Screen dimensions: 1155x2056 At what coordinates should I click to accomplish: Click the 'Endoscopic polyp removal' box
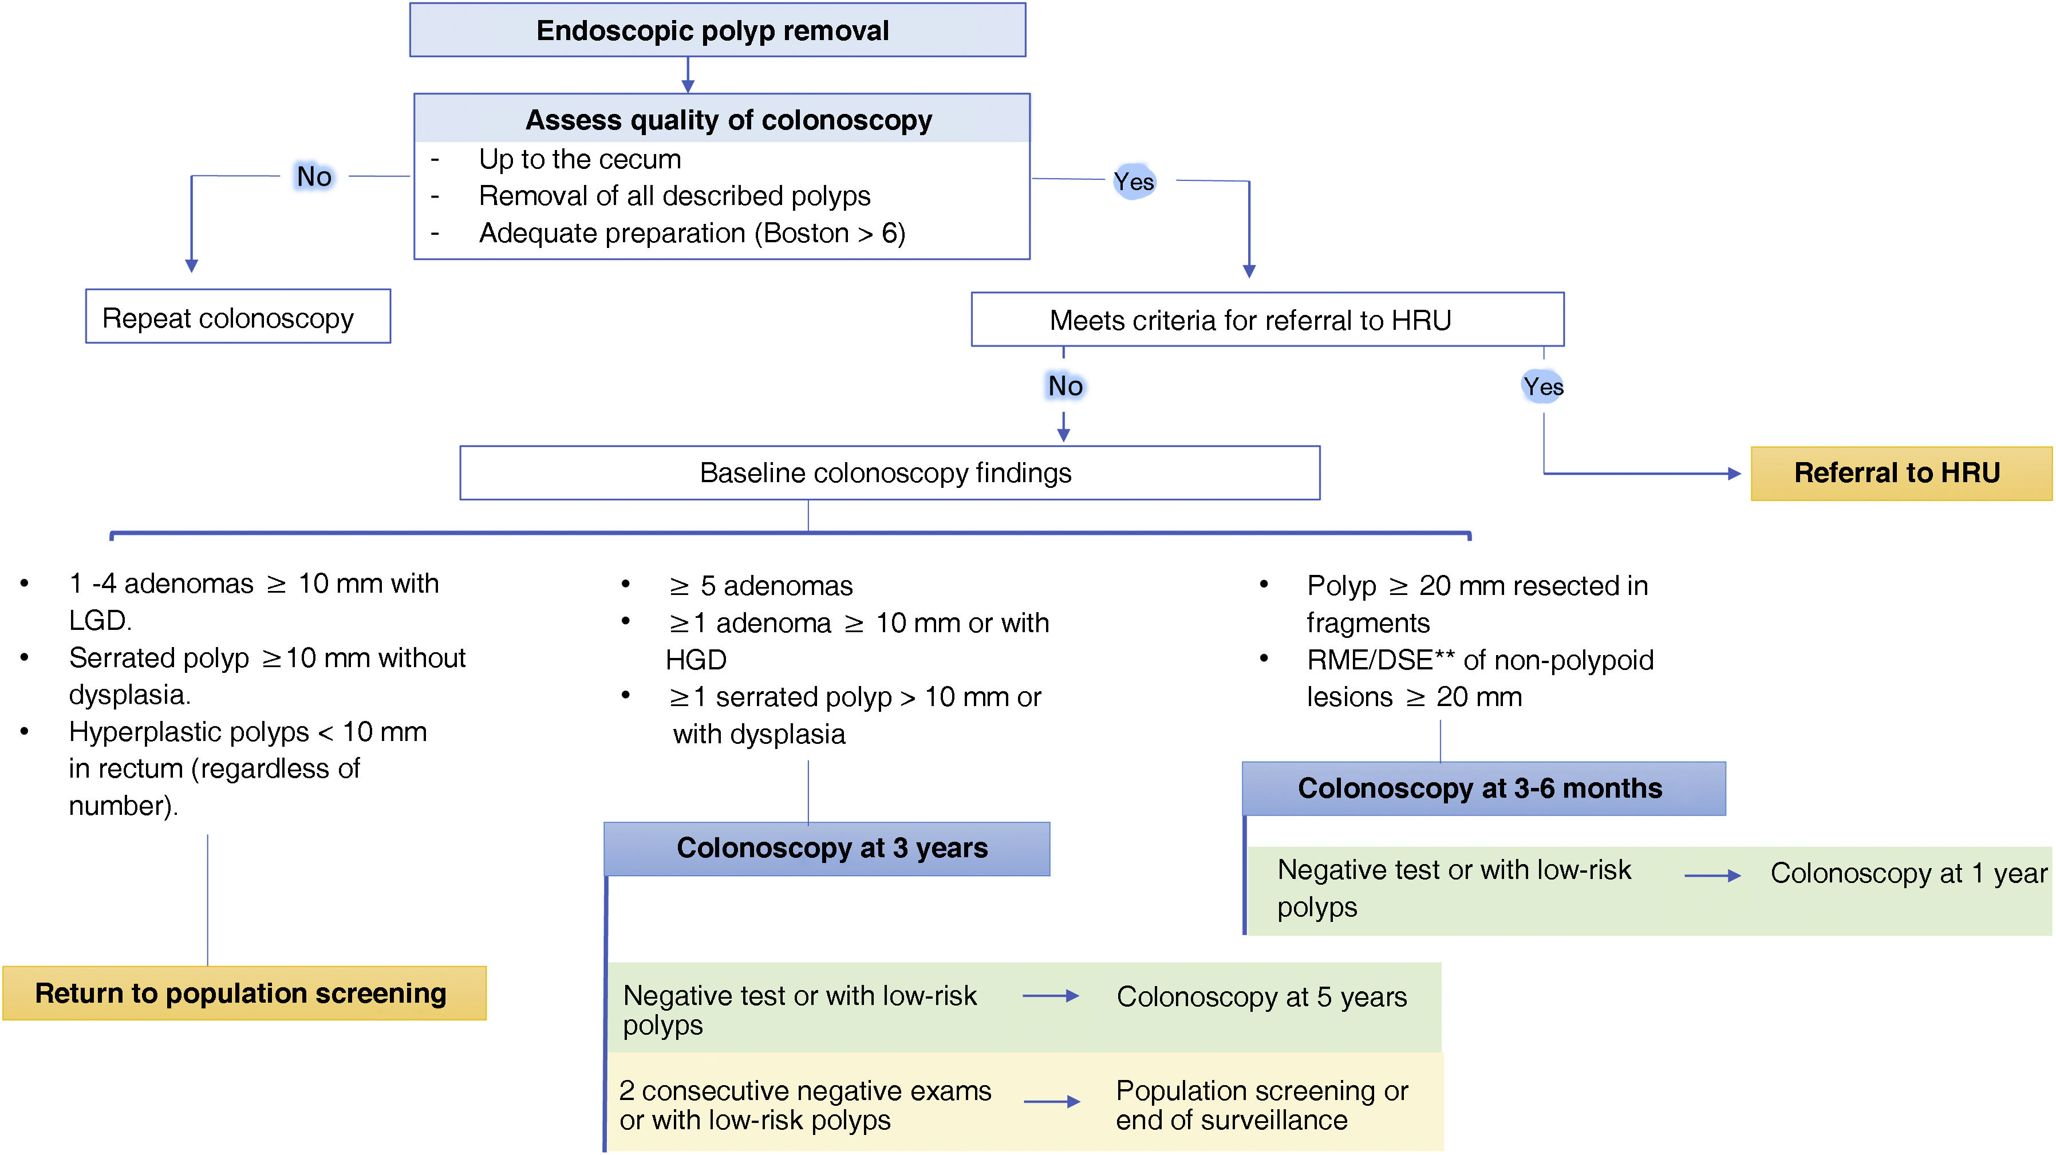point(717,30)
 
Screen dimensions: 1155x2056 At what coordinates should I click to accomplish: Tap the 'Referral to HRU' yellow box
point(1900,474)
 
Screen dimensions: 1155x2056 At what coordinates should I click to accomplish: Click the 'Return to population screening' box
point(243,993)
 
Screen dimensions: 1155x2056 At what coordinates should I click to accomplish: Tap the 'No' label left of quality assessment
point(314,176)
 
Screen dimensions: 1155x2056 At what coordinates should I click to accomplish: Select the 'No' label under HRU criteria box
point(1065,387)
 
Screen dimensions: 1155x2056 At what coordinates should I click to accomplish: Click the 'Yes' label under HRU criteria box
point(1543,387)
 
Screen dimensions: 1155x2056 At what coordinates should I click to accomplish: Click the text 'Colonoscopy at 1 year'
point(1908,873)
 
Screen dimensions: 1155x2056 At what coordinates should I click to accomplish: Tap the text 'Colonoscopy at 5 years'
point(1261,996)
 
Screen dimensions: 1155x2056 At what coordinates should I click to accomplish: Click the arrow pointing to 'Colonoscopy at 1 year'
point(1712,876)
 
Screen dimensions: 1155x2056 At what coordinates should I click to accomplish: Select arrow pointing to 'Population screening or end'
point(1051,1102)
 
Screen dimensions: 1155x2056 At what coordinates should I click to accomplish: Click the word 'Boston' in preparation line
point(806,233)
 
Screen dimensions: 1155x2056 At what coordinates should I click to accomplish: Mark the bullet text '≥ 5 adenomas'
point(761,586)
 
